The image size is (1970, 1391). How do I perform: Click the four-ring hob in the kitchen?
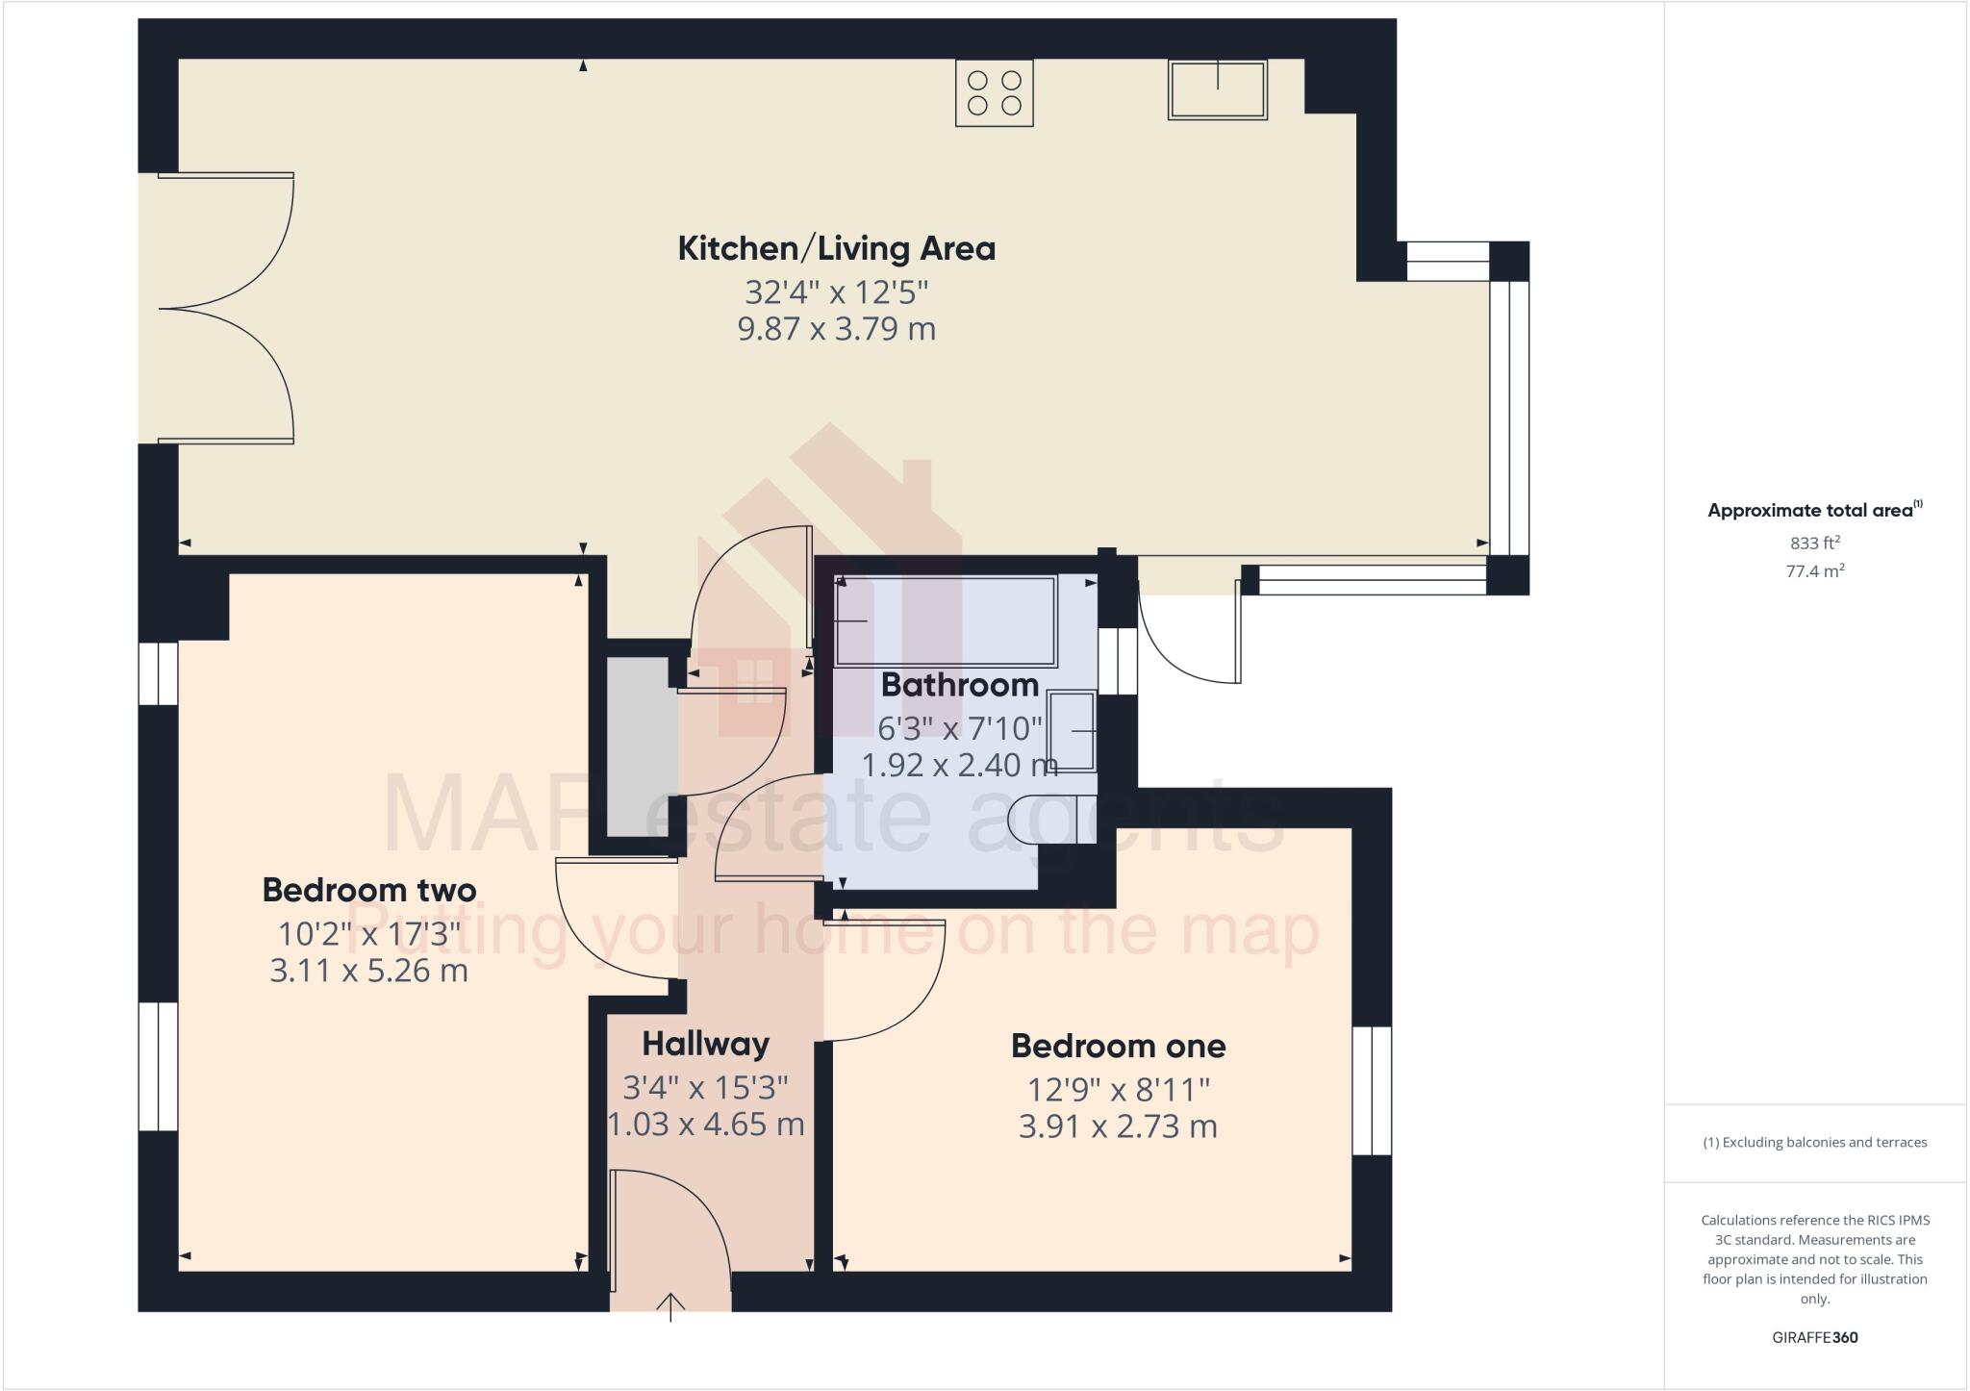tap(994, 92)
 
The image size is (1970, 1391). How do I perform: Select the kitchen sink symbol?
tap(1217, 89)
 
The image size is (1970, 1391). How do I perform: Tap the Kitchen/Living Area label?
tap(836, 248)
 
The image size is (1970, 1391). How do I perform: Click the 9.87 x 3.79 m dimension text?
tap(836, 329)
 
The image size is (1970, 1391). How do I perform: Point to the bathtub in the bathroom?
tap(946, 620)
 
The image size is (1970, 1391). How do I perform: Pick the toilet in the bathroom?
tap(1052, 819)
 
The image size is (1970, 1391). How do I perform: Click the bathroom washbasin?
tap(1072, 732)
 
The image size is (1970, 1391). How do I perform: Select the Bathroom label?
tap(959, 685)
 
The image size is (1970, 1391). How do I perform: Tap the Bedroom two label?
tap(368, 890)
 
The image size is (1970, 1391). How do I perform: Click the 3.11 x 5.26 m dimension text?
tap(368, 971)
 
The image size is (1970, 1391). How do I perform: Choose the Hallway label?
tap(705, 1044)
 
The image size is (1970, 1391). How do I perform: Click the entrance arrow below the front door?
tap(670, 1306)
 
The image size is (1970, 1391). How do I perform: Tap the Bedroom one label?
tap(1118, 1046)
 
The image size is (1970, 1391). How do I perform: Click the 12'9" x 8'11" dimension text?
tap(1118, 1090)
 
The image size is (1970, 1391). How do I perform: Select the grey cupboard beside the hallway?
tap(642, 746)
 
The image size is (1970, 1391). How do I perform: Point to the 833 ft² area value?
tap(1814, 543)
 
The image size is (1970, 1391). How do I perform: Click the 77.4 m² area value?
tap(1814, 571)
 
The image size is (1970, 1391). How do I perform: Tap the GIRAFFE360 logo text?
tap(1814, 1337)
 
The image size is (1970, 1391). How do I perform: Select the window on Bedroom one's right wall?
tap(1372, 1090)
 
